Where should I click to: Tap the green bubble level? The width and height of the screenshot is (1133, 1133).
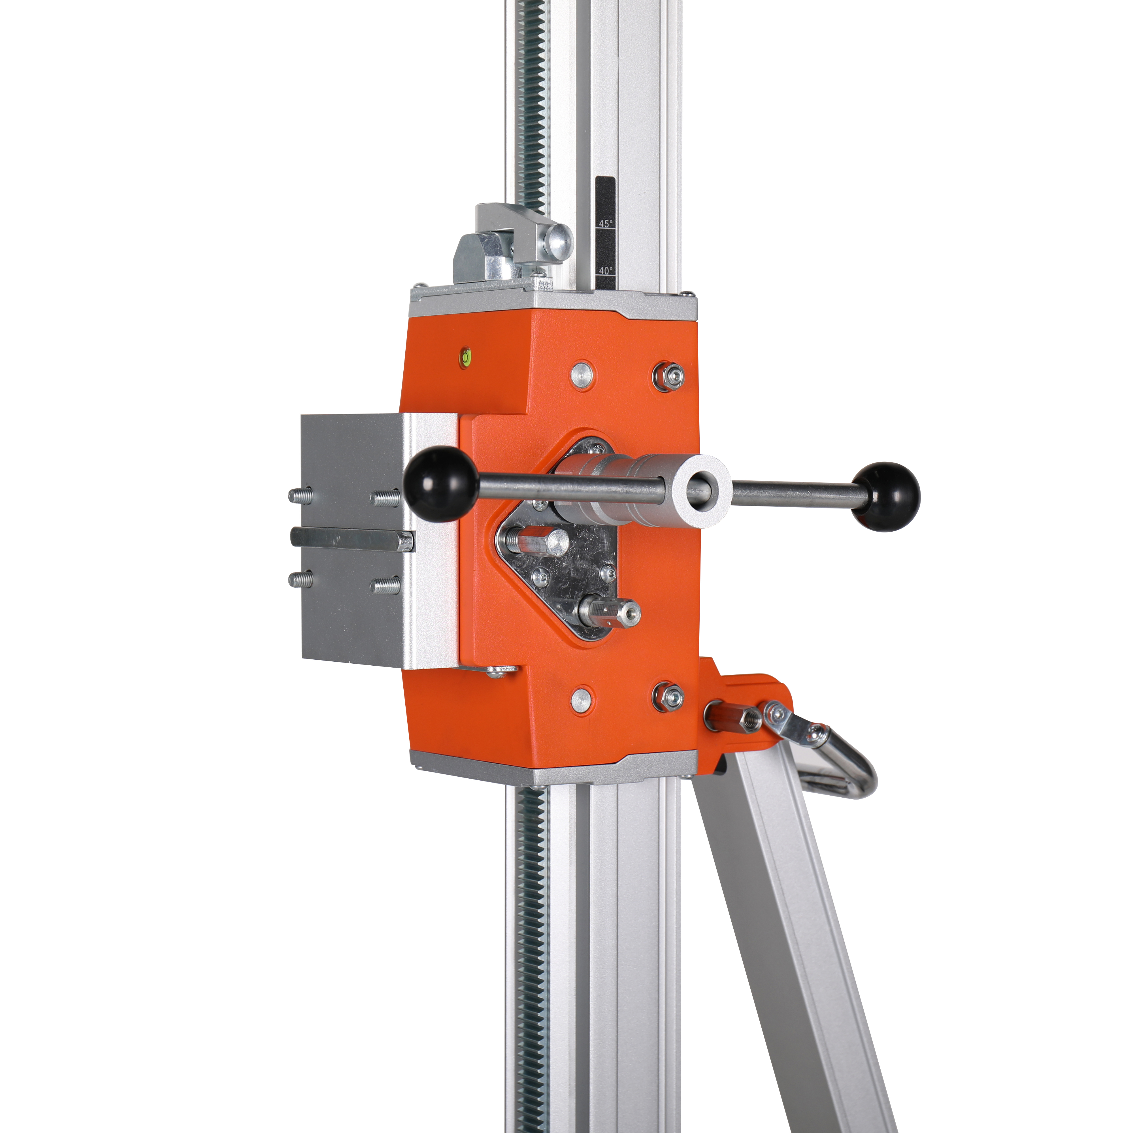(x=467, y=356)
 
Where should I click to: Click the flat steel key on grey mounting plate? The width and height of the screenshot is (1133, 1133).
(x=352, y=538)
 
